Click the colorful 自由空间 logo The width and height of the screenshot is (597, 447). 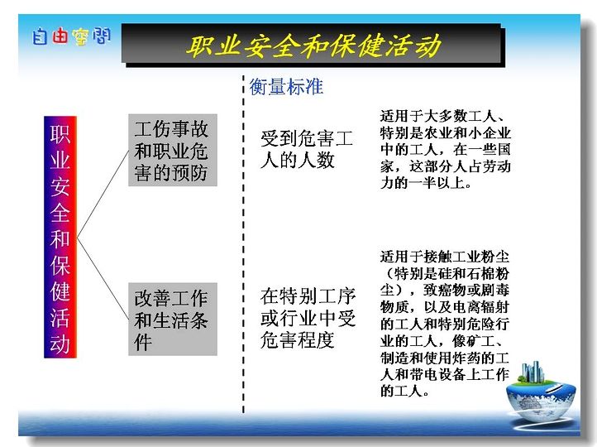(x=71, y=36)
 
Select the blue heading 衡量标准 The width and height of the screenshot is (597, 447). (x=286, y=87)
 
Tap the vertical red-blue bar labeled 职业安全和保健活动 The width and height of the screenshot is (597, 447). (x=60, y=237)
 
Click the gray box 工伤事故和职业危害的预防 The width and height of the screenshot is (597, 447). (x=173, y=150)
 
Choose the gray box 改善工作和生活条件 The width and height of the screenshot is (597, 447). (x=173, y=320)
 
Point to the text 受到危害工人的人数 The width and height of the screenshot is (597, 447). (x=307, y=149)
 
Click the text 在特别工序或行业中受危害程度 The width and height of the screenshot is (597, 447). (x=308, y=318)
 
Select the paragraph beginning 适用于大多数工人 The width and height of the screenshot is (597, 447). (x=445, y=149)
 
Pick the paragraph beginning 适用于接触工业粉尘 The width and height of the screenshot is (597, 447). (x=444, y=324)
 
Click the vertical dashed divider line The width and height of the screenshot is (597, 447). (x=243, y=244)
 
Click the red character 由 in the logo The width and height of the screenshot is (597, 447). (x=60, y=36)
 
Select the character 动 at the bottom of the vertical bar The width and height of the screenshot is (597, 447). (x=60, y=344)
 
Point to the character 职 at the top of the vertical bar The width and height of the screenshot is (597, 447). (x=60, y=134)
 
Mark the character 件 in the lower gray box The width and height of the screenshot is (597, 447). (x=143, y=341)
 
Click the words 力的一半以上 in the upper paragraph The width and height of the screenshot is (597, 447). (x=426, y=183)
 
